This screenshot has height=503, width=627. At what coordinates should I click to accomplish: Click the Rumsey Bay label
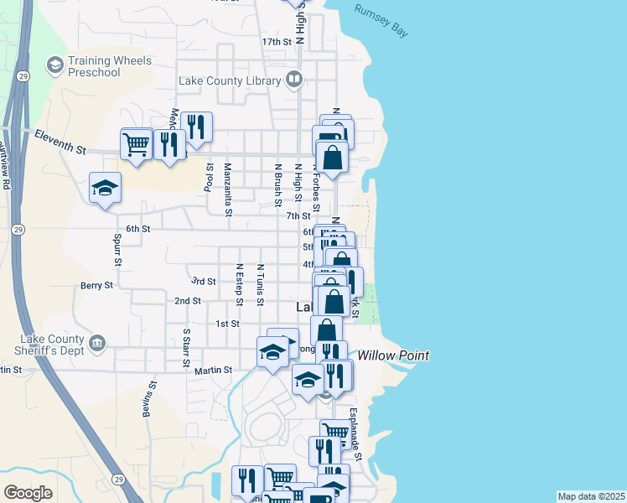[381, 21]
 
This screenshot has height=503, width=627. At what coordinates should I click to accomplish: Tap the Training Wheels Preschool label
[110, 66]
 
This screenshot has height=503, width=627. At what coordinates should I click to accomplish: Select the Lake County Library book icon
[294, 80]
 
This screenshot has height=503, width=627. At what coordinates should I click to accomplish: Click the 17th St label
[277, 41]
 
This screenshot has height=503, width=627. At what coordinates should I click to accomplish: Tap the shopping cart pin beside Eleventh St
[136, 145]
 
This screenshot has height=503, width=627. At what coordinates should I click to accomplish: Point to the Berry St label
[96, 286]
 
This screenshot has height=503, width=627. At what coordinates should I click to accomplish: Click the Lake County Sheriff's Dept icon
[97, 342]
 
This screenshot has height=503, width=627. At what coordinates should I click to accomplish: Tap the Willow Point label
[393, 356]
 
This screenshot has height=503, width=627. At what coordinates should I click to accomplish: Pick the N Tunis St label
[261, 285]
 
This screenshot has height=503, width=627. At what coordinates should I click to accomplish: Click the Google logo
[28, 493]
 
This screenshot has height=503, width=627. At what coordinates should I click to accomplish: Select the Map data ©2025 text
[591, 496]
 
